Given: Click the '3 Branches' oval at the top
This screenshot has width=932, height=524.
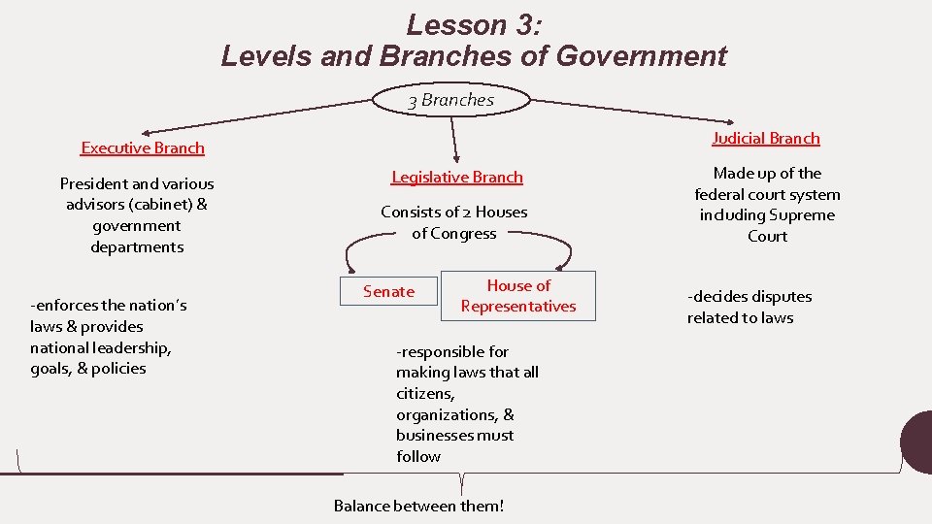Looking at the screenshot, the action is [451, 100].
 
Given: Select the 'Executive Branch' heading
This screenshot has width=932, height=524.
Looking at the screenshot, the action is [143, 147].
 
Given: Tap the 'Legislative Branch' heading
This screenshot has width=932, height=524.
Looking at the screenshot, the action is [457, 177].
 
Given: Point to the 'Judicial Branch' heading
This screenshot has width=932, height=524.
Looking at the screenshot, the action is [766, 138].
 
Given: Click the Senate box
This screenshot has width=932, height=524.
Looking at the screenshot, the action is [388, 291].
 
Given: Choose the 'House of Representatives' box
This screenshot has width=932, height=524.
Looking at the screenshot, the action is [518, 296].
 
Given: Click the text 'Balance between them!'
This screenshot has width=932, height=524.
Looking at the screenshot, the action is [419, 506].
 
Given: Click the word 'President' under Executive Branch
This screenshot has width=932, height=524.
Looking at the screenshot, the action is [93, 183].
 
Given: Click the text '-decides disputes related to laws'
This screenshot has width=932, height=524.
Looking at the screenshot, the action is [749, 307].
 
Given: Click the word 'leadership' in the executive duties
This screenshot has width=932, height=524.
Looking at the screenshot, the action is [129, 347].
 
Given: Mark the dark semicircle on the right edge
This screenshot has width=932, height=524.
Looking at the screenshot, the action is [918, 442].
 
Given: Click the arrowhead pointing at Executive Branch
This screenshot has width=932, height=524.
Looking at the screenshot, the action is [146, 133].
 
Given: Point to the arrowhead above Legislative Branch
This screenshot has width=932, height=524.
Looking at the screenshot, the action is [454, 158].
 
